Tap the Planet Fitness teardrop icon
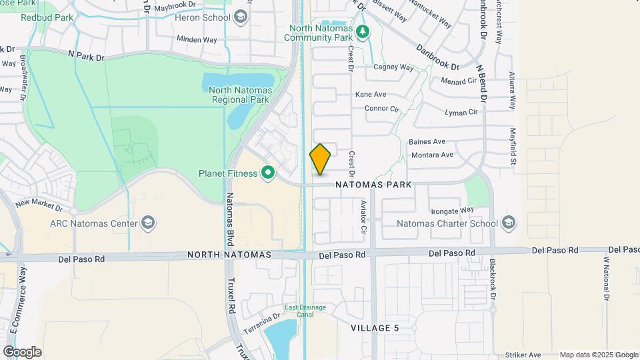[x=268, y=173]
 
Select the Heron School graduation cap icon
[x=241, y=17]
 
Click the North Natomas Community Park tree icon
[x=362, y=31]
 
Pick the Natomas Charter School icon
[x=509, y=223]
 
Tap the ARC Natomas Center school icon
[x=149, y=223]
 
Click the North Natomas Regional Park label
[x=239, y=95]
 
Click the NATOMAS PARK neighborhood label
[x=373, y=184]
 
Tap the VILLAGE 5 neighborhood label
[x=375, y=328]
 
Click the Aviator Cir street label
[x=363, y=217]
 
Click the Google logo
[x=22, y=352]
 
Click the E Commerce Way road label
[x=21, y=300]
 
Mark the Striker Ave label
[x=523, y=355]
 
